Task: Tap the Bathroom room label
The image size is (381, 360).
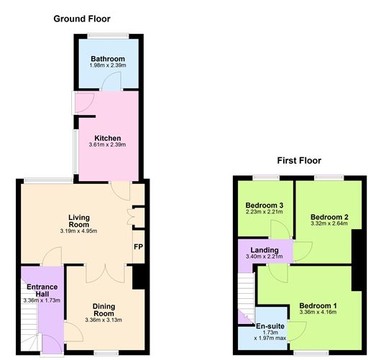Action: pos(108,59)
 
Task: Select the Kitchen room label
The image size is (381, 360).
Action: pos(109,138)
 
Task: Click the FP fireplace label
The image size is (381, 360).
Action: pos(138,247)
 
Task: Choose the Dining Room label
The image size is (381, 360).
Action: pos(104,310)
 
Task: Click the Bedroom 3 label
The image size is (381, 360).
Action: pos(264,206)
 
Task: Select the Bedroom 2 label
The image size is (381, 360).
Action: pos(330,216)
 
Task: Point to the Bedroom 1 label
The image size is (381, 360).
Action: pos(317,304)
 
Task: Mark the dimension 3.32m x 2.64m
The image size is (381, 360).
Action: pos(330,224)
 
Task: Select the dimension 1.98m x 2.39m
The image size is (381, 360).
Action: pos(108,66)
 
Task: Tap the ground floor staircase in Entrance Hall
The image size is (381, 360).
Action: pos(32,338)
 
